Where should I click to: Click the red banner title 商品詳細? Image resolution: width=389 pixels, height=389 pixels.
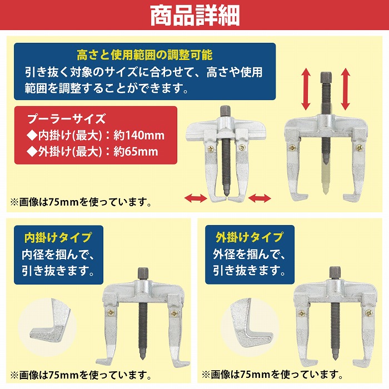[x=195, y=16]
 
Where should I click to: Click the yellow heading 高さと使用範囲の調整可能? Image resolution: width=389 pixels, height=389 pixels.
[x=144, y=55]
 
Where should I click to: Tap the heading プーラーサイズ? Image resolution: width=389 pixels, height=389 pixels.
[x=67, y=119]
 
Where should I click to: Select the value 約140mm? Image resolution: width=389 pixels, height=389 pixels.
[x=139, y=136]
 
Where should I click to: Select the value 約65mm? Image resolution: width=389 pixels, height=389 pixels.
[x=136, y=151]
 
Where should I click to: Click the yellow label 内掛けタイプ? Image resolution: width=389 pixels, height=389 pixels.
[x=58, y=237]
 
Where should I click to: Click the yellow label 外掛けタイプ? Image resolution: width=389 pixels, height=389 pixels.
[x=250, y=237]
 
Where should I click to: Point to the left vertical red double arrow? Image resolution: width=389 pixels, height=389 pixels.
[x=306, y=89]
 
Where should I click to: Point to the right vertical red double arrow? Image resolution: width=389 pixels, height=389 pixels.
[x=345, y=89]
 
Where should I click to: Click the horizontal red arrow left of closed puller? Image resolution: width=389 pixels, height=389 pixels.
[x=196, y=198]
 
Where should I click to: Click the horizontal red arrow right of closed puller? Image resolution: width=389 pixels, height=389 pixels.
[x=260, y=198]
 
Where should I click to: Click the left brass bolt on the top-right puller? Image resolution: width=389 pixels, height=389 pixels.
[x=292, y=148]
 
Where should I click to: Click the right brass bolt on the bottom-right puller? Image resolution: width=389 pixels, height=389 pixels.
[x=368, y=313]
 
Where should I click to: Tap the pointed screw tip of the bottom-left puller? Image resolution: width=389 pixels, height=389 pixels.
[x=143, y=356]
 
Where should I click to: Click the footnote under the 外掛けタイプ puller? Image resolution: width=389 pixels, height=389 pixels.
[x=272, y=375]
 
